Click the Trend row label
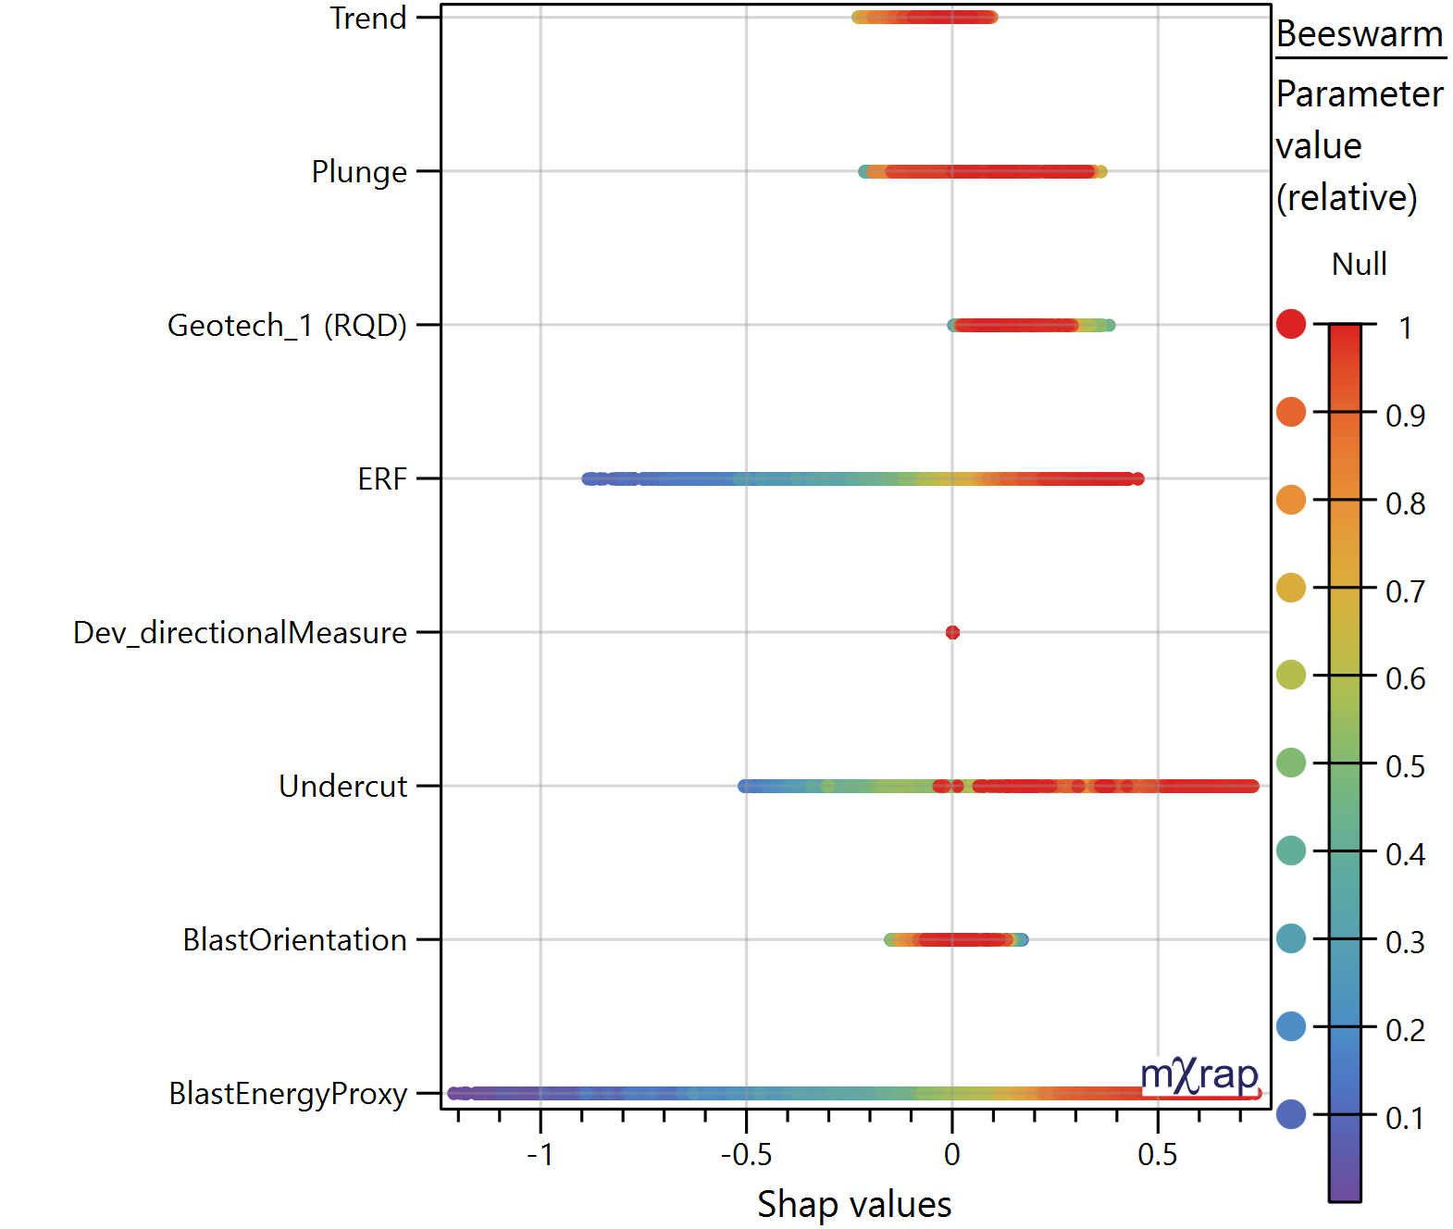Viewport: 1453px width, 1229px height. (x=368, y=19)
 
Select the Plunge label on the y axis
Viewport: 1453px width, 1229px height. (x=359, y=172)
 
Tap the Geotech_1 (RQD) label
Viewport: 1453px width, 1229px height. (x=287, y=326)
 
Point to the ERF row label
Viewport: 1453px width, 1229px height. (x=382, y=479)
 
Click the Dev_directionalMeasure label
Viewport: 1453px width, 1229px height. (x=240, y=633)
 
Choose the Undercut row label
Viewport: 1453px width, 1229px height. (x=342, y=787)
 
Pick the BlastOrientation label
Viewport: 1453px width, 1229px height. (x=294, y=940)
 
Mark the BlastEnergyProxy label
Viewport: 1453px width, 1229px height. (x=288, y=1094)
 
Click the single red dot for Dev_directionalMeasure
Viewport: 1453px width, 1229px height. (x=952, y=632)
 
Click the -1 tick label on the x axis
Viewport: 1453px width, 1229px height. (x=540, y=1154)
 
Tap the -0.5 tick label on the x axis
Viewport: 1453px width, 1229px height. (x=745, y=1154)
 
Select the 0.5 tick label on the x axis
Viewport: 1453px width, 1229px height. (x=1157, y=1154)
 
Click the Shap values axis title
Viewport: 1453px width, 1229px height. (x=854, y=1204)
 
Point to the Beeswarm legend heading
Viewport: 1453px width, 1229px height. (x=1360, y=34)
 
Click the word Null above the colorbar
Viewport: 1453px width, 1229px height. (x=1359, y=265)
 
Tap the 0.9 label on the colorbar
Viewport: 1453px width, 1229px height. (x=1405, y=416)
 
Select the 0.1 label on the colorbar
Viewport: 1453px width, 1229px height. (x=1405, y=1119)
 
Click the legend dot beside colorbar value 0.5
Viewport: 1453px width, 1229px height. (x=1291, y=763)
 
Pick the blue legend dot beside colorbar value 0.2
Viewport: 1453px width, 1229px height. (x=1291, y=1026)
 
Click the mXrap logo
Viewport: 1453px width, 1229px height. (x=1199, y=1076)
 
